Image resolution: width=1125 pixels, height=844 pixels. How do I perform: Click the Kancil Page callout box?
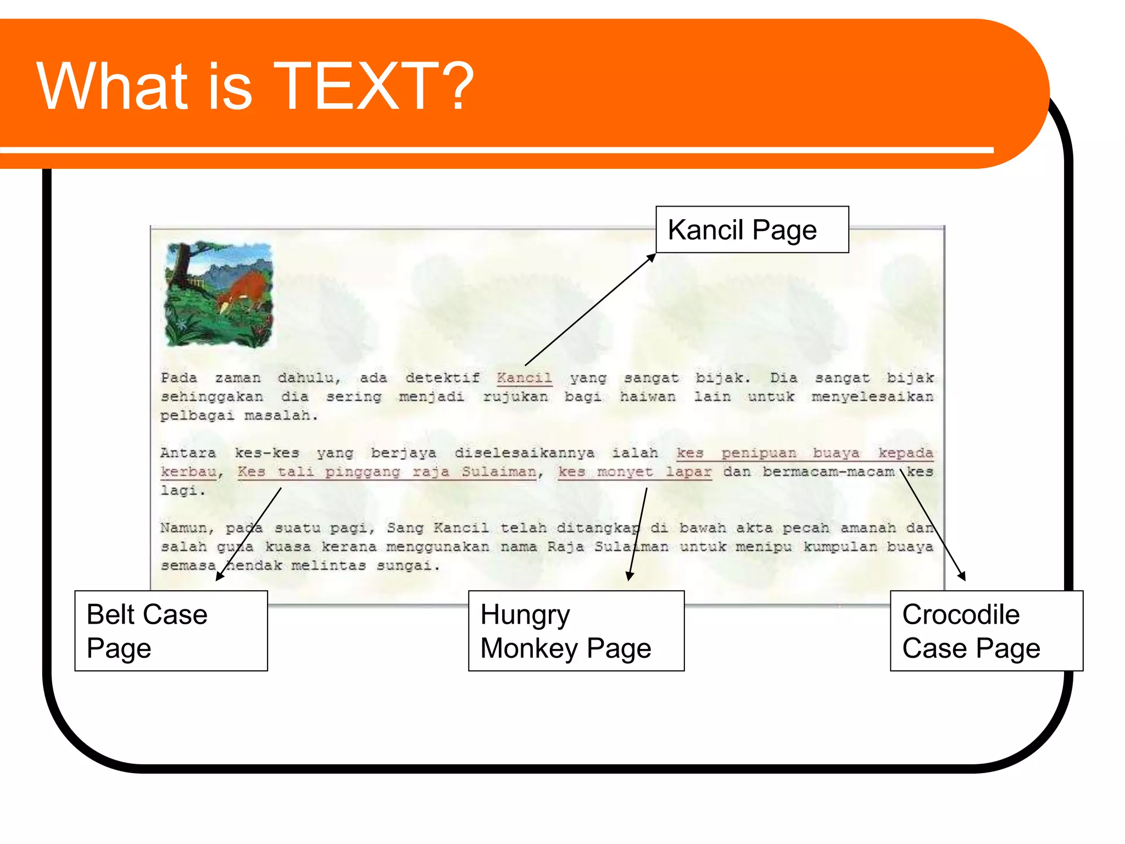tap(751, 230)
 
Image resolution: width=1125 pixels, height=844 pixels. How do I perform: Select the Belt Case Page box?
tap(171, 631)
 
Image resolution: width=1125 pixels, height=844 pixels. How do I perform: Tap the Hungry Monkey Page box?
tap(576, 631)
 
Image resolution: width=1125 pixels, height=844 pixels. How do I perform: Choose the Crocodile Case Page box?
tap(986, 631)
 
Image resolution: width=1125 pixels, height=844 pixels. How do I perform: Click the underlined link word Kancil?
tap(524, 378)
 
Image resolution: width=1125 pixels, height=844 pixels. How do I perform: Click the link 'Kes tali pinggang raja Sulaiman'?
tap(387, 472)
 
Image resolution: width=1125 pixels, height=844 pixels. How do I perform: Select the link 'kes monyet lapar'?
tap(634, 472)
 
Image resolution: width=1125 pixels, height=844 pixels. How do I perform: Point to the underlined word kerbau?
tap(188, 472)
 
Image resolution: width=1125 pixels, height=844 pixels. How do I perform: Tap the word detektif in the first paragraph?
tap(442, 378)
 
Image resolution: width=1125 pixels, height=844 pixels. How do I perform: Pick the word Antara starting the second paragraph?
tap(188, 453)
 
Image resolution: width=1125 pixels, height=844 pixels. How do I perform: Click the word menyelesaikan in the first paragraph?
tap(872, 397)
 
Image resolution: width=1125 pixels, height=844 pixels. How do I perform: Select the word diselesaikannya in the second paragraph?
tap(524, 453)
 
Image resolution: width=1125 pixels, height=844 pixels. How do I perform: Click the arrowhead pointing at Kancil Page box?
tap(651, 257)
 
